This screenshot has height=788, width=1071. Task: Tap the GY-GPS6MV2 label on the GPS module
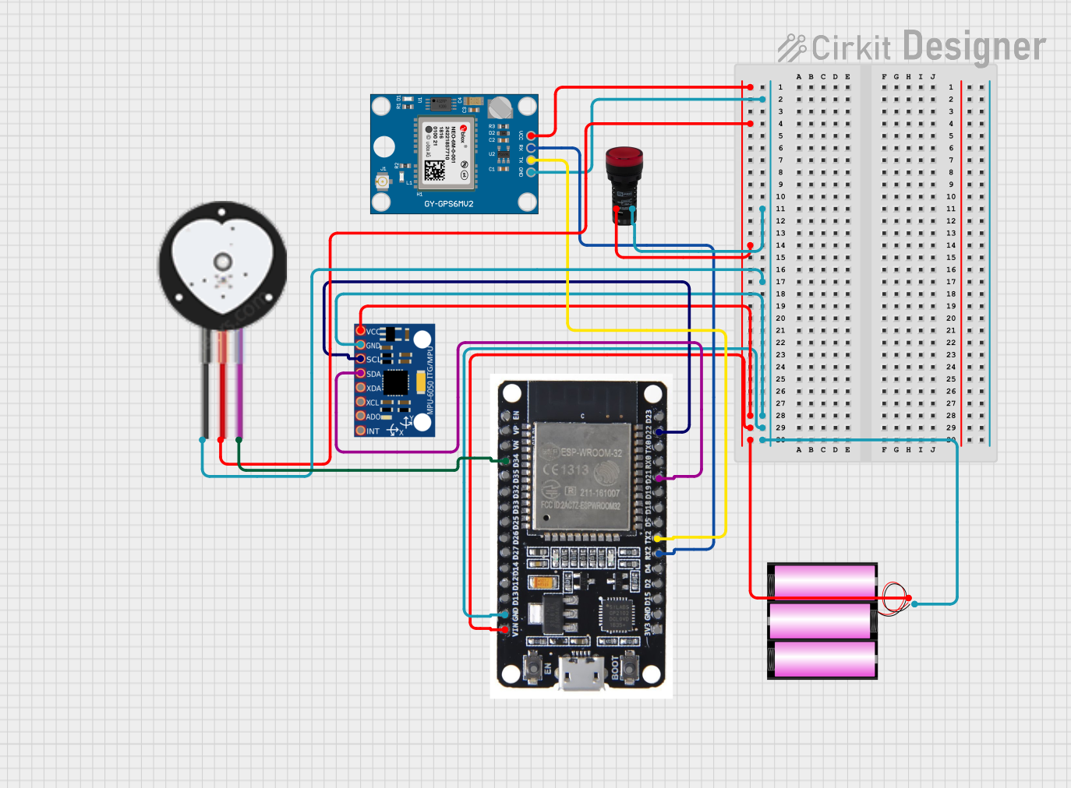[x=448, y=204]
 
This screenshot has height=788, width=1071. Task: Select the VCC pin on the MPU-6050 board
[x=361, y=331]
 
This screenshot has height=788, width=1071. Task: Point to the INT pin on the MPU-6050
[x=361, y=431]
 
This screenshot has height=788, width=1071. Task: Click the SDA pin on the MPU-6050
[x=361, y=374]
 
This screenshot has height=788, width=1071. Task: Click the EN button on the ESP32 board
[x=533, y=667]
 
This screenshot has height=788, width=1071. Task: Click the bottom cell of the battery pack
[x=822, y=660]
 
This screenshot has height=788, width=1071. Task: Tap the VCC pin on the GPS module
[x=531, y=136]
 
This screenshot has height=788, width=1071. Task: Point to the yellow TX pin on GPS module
[x=531, y=160]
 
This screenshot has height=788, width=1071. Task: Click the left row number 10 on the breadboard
[x=780, y=197]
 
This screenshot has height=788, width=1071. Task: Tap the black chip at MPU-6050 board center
[x=395, y=383]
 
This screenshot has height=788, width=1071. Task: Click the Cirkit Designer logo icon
[x=792, y=47]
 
